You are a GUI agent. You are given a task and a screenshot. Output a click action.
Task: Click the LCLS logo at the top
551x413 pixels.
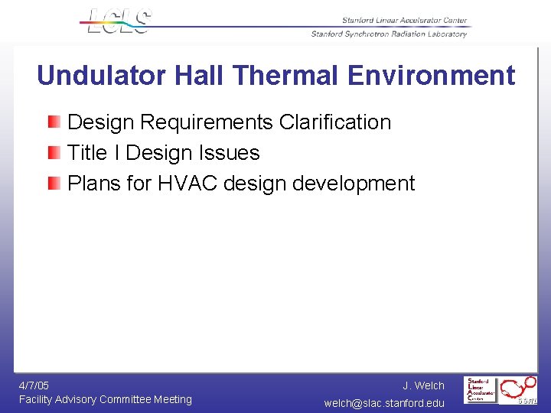(119, 21)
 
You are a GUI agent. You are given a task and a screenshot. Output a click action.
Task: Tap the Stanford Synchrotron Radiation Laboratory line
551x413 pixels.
(389, 34)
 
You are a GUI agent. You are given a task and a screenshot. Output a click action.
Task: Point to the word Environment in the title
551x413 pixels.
(431, 76)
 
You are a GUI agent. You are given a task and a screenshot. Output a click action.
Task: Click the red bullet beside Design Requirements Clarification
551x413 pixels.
(54, 122)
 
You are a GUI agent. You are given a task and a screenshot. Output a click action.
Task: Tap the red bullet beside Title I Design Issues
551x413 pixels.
(54, 152)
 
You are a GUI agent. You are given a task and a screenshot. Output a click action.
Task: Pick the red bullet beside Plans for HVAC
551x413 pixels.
(54, 183)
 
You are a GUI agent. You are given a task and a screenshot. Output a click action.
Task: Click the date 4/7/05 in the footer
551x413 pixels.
(34, 385)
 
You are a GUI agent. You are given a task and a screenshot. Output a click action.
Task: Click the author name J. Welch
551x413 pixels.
(423, 385)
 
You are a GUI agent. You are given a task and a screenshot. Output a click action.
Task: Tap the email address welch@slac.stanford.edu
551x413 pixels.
(384, 403)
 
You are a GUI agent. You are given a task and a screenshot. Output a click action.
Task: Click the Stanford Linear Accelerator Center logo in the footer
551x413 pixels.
(481, 390)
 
